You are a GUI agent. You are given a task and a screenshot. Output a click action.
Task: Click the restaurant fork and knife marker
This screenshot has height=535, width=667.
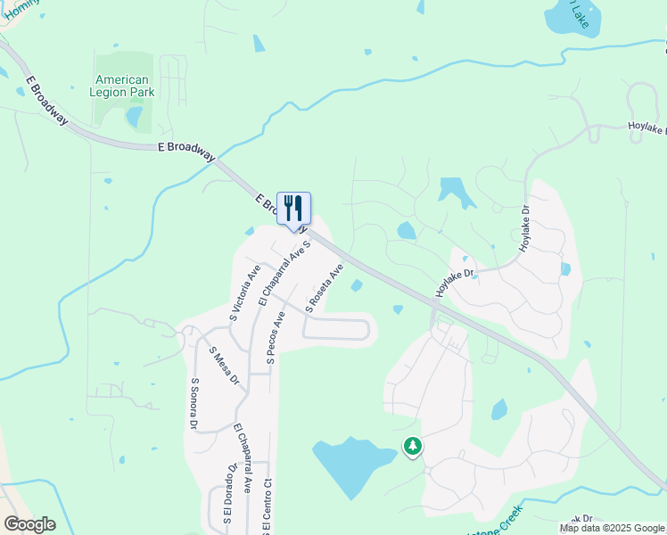click(x=294, y=209)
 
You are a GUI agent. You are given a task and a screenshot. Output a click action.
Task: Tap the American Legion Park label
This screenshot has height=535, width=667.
click(x=122, y=86)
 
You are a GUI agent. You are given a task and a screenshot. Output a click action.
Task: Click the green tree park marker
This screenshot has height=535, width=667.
click(x=412, y=445)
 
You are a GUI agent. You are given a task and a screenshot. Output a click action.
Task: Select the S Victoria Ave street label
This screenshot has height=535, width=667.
click(x=244, y=292)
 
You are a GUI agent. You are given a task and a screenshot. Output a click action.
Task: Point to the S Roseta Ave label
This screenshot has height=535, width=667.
click(x=325, y=287)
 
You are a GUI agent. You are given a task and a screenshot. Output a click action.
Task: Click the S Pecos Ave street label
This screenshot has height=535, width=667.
click(x=276, y=338)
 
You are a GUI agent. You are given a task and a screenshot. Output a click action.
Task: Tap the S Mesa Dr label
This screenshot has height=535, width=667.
click(x=224, y=366)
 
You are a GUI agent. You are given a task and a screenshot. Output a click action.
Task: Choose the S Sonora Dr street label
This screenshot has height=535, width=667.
click(x=194, y=404)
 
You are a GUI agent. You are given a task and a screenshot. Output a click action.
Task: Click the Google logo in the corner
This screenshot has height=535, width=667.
click(x=29, y=524)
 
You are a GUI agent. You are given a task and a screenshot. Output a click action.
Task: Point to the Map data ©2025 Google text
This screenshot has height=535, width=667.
click(x=612, y=528)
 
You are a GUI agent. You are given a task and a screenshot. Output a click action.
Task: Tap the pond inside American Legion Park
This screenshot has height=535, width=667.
click(x=134, y=116)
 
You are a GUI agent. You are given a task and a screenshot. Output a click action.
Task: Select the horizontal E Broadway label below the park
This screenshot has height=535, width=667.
click(x=185, y=151)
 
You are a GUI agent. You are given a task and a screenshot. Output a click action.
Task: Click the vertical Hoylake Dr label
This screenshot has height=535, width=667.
click(x=525, y=227)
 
